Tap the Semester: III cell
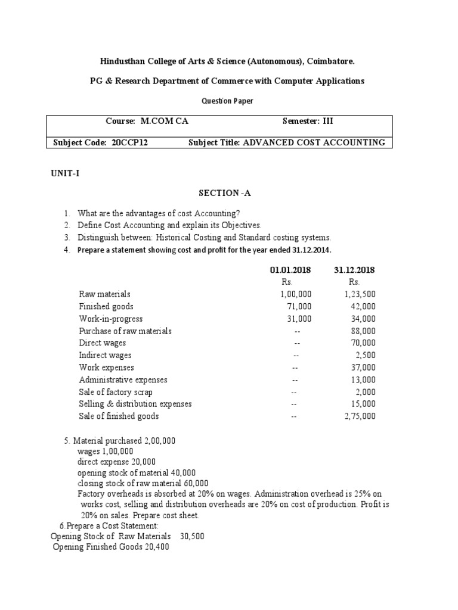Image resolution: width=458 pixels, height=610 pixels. click(x=308, y=121)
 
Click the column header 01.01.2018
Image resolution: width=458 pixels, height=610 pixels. click(x=293, y=270)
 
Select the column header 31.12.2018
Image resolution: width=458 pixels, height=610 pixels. click(x=355, y=270)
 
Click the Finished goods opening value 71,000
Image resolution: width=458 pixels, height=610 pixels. click(x=299, y=306)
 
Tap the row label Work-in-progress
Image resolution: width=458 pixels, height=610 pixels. click(x=110, y=319)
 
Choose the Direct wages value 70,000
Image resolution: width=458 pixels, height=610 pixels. click(x=363, y=343)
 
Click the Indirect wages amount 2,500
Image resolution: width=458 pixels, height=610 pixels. click(x=365, y=355)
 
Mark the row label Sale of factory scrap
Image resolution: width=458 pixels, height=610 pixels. click(x=115, y=392)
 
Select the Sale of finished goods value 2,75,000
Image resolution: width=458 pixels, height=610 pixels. click(x=360, y=416)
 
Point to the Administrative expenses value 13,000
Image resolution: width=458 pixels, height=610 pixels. click(x=363, y=379)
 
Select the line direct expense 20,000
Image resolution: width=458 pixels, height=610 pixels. click(x=117, y=461)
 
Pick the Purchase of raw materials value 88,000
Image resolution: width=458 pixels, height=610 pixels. click(x=363, y=331)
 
